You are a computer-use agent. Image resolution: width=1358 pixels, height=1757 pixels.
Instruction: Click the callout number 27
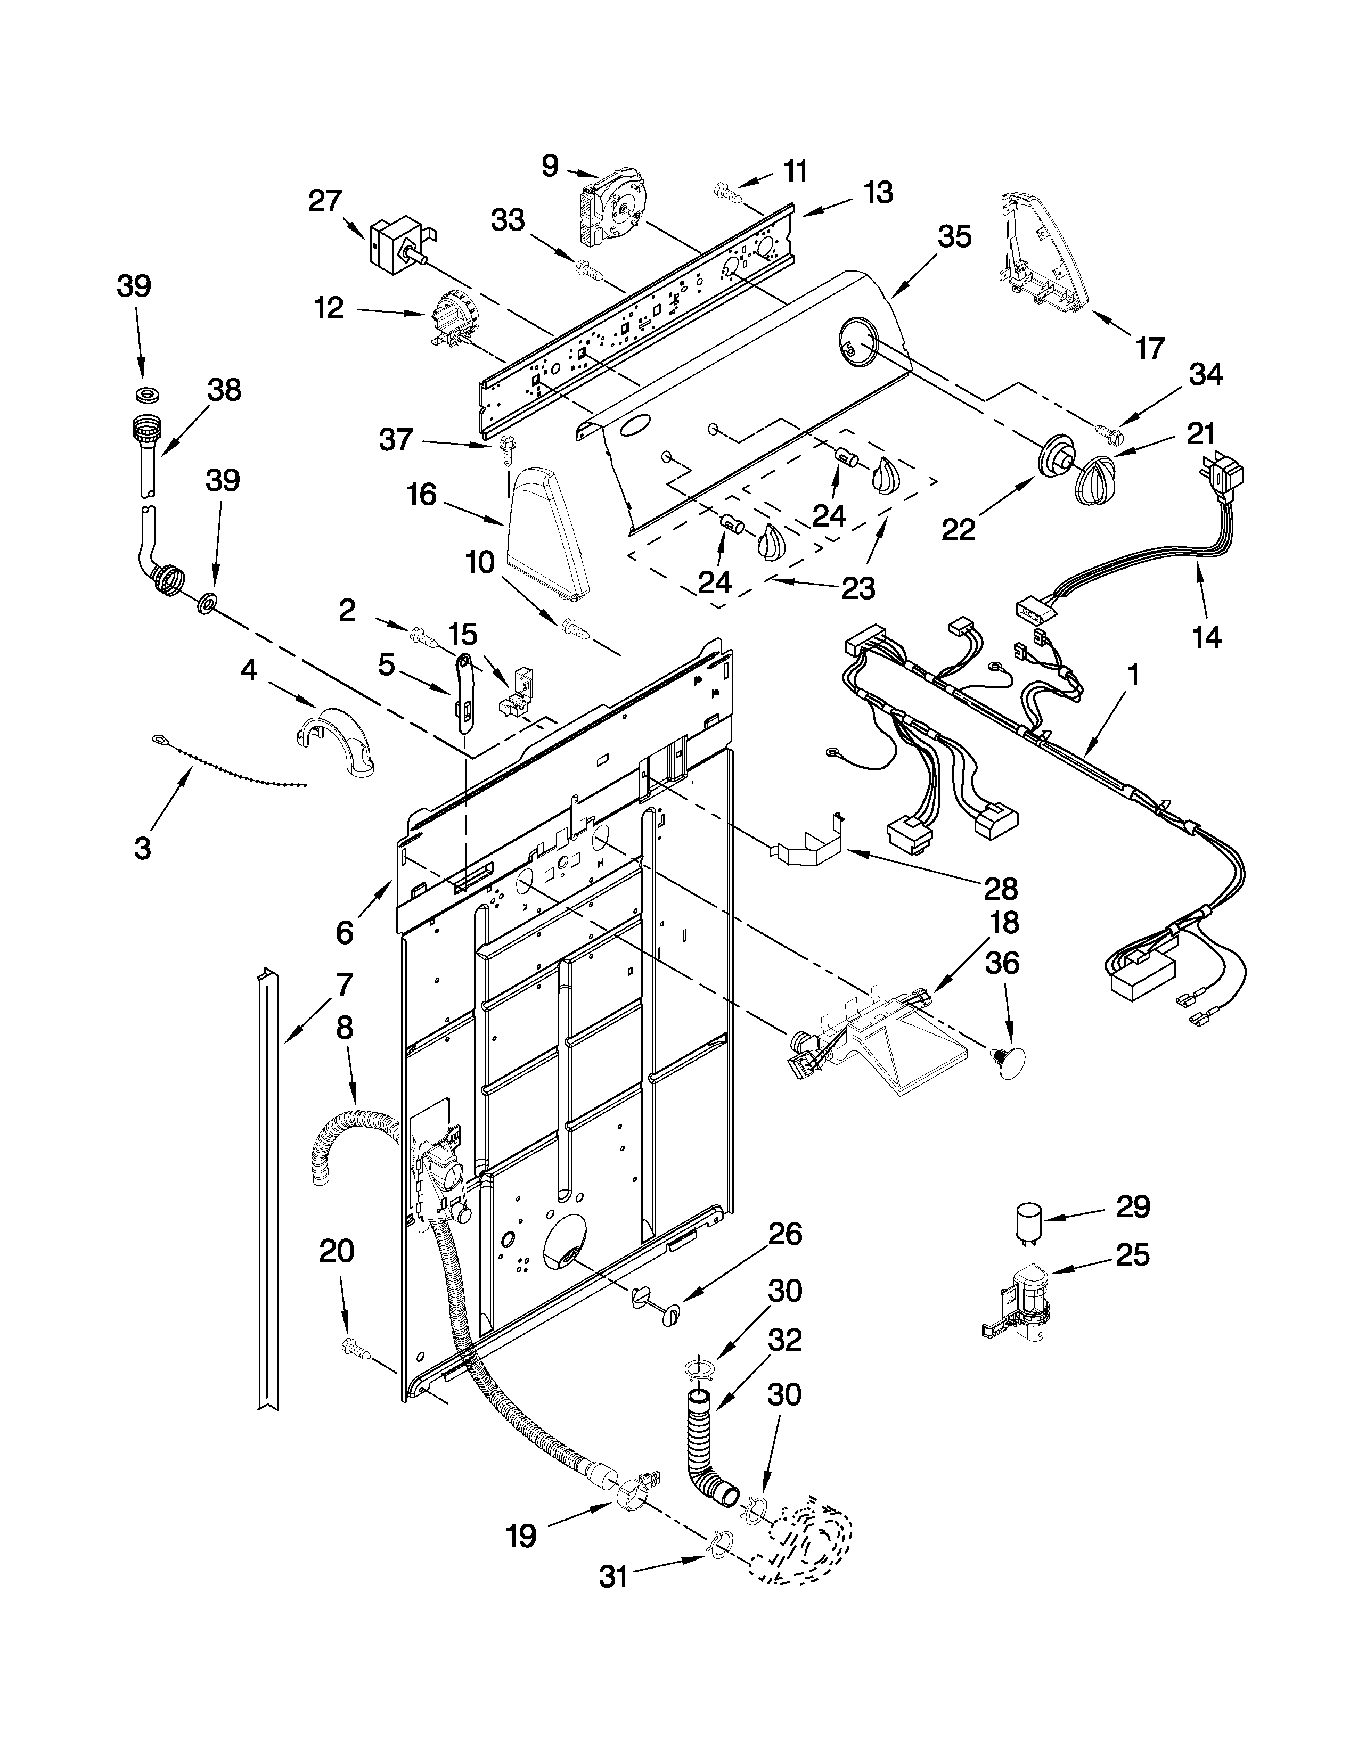coord(325,201)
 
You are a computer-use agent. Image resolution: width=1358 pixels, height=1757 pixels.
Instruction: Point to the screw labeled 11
coord(725,191)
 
